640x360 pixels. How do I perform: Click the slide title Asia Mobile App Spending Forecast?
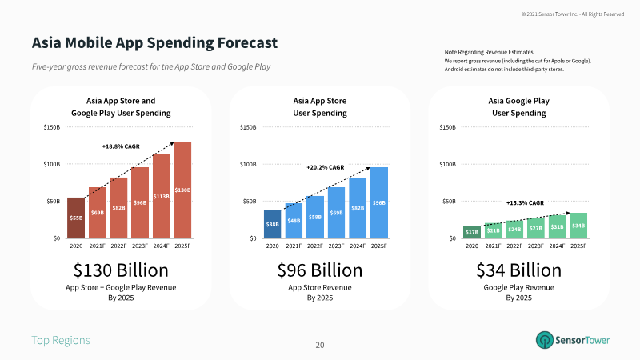point(154,42)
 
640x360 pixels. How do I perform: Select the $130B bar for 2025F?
point(182,190)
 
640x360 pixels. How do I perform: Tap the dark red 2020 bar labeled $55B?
point(75,218)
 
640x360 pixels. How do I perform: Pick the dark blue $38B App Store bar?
point(272,224)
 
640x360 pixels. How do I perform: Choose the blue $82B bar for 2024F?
point(358,208)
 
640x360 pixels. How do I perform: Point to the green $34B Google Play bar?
point(578,226)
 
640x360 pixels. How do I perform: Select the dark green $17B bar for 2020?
point(471,232)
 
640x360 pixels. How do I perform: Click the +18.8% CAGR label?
point(122,146)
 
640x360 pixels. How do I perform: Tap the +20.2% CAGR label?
point(325,167)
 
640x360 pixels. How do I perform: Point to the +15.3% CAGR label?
point(525,203)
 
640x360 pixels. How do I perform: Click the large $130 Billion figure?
point(121,269)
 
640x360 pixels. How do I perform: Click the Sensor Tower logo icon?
point(545,340)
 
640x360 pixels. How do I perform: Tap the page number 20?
point(320,345)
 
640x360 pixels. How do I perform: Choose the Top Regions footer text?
point(61,340)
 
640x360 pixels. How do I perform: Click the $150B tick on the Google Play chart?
point(448,127)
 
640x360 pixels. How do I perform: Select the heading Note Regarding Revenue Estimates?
point(489,52)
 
